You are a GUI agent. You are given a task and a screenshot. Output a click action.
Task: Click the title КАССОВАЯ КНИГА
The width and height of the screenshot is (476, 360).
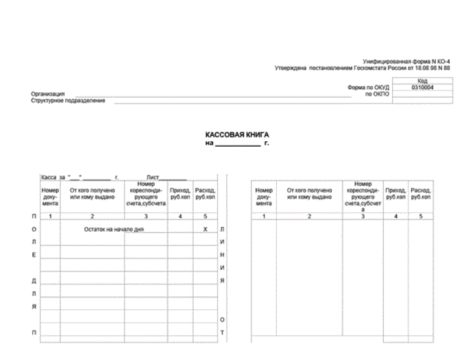coord(237,134)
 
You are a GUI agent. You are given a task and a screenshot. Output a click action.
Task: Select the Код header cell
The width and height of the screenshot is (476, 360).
coord(422,81)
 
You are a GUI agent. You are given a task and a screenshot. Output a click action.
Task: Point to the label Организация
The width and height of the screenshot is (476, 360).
coord(48,94)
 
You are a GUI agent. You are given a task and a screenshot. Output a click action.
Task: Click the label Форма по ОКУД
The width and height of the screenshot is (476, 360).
coord(368,87)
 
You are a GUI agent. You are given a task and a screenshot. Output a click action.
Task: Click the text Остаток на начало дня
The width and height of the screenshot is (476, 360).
coord(117,229)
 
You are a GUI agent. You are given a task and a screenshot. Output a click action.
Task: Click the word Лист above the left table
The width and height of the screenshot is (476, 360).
coord(146,177)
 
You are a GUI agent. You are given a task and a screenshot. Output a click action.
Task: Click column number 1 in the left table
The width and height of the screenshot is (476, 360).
coord(50,216)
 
